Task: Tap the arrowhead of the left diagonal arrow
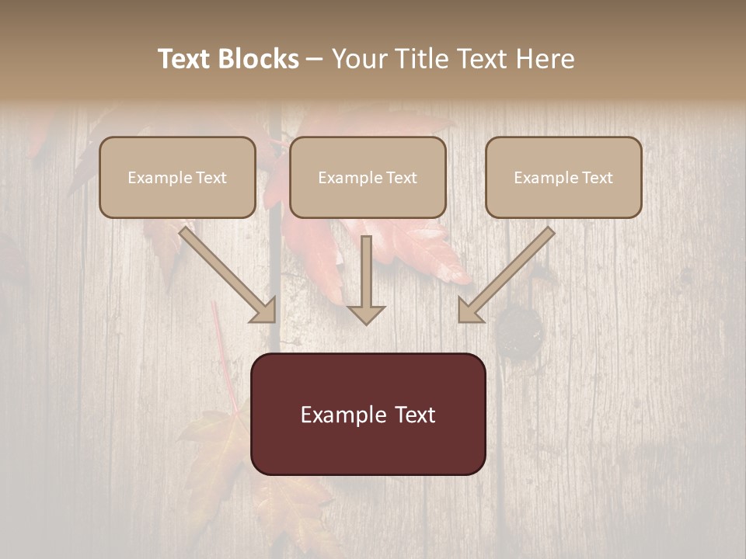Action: tap(264, 311)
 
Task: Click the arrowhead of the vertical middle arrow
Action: tap(366, 314)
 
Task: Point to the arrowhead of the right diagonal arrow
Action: tap(469, 311)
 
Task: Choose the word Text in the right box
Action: tap(597, 178)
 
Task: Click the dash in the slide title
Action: tap(315, 60)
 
